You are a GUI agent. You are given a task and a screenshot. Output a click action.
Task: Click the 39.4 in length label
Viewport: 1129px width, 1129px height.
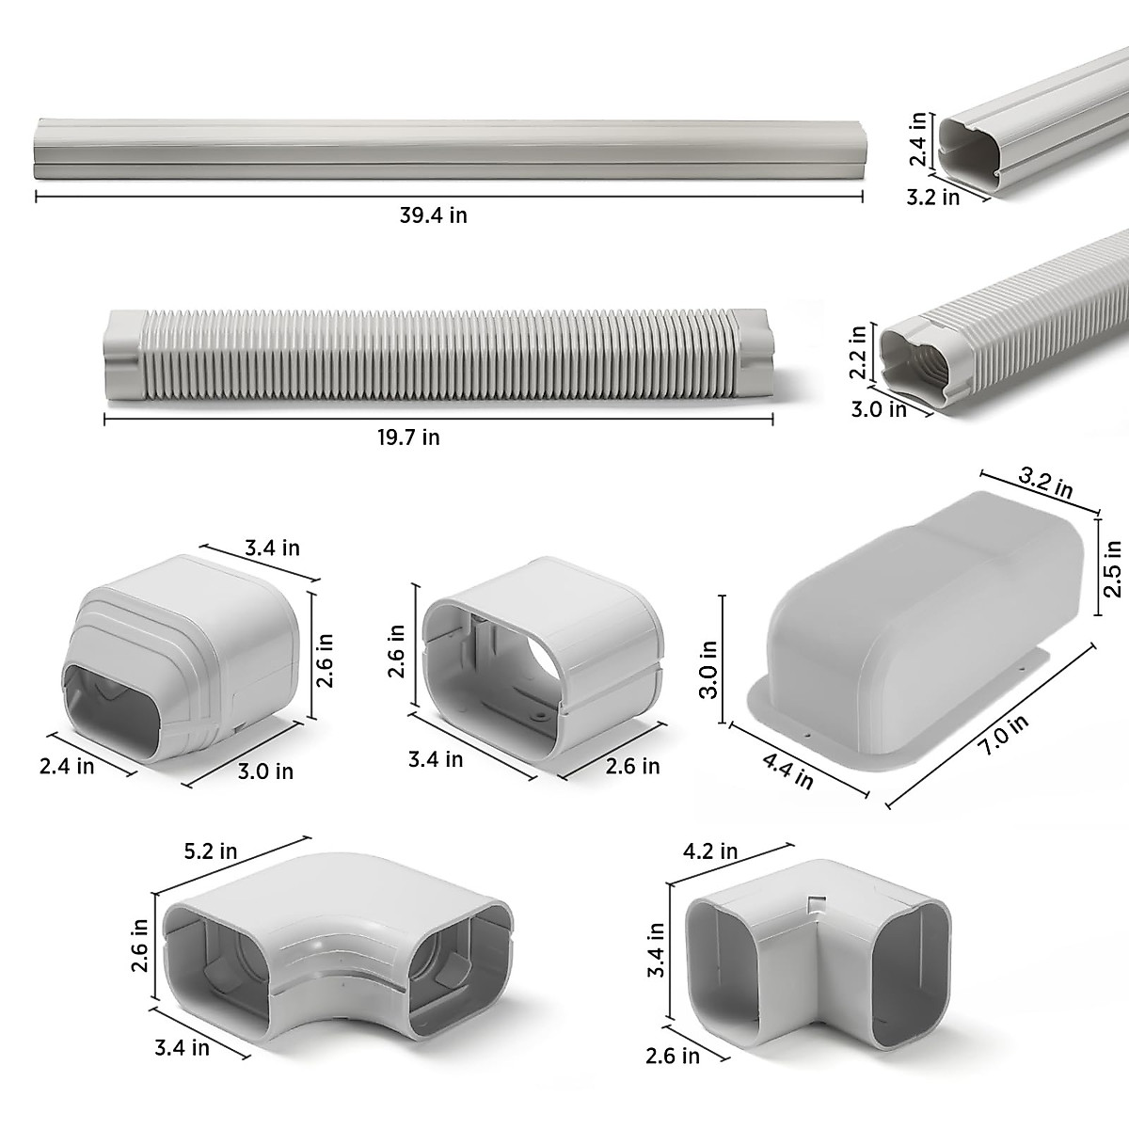(x=433, y=215)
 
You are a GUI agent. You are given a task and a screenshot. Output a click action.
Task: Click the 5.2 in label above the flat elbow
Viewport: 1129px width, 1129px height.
(x=212, y=851)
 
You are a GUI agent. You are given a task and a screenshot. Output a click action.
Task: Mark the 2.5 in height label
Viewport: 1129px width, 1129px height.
(x=1114, y=568)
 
